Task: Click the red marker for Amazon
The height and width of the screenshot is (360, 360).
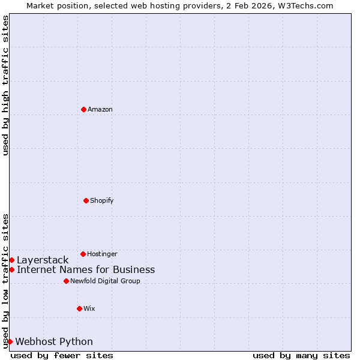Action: (x=83, y=109)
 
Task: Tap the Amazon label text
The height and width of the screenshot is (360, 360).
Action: (x=100, y=109)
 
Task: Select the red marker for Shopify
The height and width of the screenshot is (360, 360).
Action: (x=86, y=200)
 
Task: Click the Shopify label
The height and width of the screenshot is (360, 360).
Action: (x=101, y=200)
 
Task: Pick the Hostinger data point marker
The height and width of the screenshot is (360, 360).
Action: (x=83, y=254)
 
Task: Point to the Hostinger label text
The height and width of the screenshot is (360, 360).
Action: (x=102, y=254)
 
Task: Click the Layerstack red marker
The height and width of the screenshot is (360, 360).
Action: (x=11, y=260)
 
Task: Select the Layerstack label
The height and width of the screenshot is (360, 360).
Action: (x=43, y=260)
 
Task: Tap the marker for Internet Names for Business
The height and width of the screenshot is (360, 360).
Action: (x=11, y=269)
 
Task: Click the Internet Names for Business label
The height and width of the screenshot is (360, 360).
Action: (x=86, y=269)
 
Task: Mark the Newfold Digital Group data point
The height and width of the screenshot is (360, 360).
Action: (x=66, y=281)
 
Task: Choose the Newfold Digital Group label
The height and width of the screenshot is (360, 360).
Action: (x=105, y=281)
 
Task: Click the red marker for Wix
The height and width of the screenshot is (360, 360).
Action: (x=79, y=308)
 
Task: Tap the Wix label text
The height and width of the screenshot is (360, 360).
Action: (x=89, y=308)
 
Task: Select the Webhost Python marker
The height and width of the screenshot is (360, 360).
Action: (x=10, y=341)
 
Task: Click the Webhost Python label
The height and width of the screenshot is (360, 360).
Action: (x=54, y=341)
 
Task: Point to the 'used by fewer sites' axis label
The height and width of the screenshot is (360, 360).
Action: (x=62, y=355)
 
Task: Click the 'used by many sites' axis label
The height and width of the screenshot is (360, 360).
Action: (x=301, y=355)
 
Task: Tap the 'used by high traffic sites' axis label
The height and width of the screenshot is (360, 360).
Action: (x=5, y=85)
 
